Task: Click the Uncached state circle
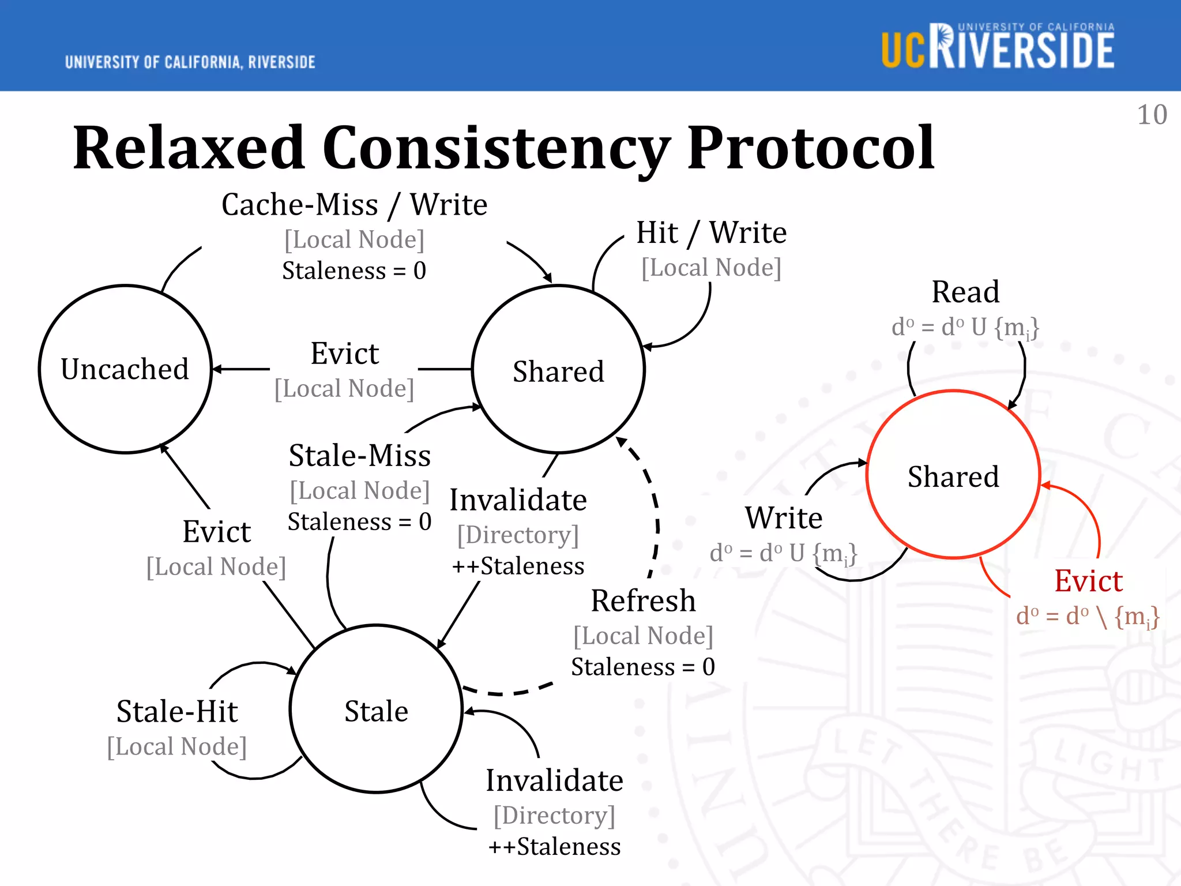coord(125,369)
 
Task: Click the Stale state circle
coord(376,710)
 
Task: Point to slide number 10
coord(1152,115)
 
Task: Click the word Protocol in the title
coord(810,148)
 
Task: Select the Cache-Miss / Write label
coord(354,205)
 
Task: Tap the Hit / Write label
coord(711,233)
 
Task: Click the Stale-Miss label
coord(359,456)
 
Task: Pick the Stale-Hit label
coord(177,711)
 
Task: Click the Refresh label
coord(643,601)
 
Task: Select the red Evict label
coord(1088,581)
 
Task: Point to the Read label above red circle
coord(965,292)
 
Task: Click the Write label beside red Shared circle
coord(783,517)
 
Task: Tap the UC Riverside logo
coord(998,47)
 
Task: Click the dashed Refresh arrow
coord(656,519)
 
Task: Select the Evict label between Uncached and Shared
coord(344,354)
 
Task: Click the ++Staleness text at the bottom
coord(554,847)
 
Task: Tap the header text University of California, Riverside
coord(190,62)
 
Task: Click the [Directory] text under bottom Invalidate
coord(554,815)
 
